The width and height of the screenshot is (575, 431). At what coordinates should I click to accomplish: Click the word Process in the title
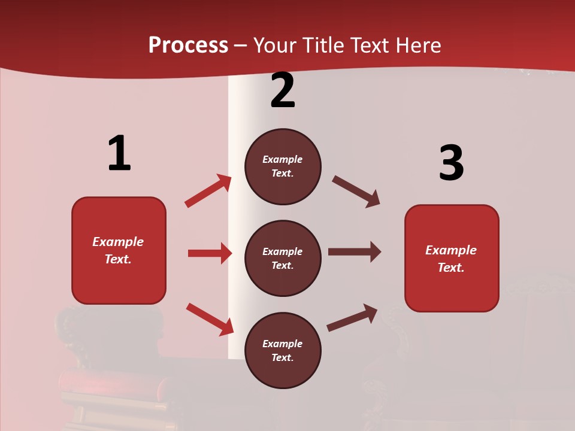[188, 45]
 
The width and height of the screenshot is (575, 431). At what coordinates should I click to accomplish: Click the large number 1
[119, 154]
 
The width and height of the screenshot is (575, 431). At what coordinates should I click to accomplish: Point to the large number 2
[283, 90]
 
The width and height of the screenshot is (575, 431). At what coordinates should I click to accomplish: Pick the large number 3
[451, 163]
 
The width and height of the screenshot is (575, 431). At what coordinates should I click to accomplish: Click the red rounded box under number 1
[119, 250]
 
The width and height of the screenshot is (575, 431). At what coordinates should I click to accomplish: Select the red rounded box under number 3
[452, 258]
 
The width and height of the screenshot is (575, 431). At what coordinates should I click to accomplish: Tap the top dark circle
[283, 166]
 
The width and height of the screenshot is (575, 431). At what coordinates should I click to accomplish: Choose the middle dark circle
[283, 258]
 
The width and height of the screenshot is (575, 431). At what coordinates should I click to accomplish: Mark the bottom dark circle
[283, 350]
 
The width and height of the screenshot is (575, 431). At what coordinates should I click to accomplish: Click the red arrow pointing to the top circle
[208, 191]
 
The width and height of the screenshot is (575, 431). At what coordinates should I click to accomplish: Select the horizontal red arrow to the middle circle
[210, 253]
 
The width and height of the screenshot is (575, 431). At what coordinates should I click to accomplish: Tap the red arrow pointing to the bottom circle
[210, 320]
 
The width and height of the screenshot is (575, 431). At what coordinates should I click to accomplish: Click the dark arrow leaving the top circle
[356, 192]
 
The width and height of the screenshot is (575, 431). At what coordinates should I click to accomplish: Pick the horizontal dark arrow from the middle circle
[355, 252]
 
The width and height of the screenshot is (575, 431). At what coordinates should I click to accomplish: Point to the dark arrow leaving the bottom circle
[352, 317]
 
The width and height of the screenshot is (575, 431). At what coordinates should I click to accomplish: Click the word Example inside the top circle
[283, 160]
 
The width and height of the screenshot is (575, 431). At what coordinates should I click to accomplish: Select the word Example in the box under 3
[451, 250]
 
